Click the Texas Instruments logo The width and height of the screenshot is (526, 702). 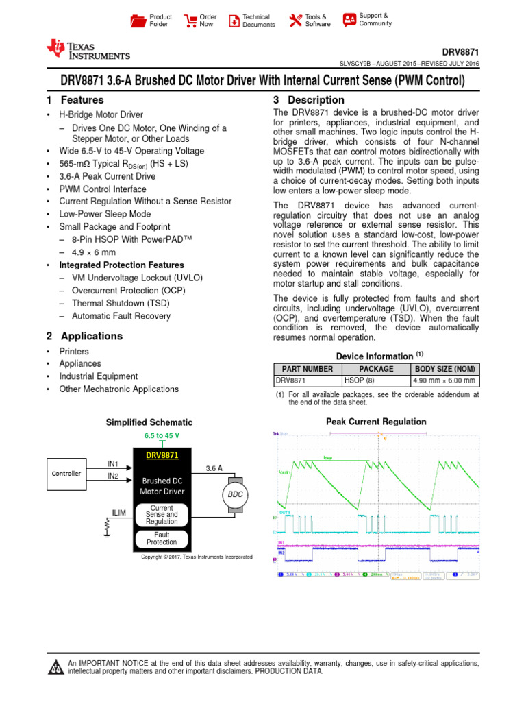88,50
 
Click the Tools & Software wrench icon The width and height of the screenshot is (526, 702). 295,21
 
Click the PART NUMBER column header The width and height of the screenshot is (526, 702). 307,369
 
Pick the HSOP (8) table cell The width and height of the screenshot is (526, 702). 376,381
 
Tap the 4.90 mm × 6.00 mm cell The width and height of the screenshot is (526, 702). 444,381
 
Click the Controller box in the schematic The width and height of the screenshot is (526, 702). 66,474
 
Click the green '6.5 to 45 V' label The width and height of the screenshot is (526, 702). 162,436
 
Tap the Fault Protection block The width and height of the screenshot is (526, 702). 162,538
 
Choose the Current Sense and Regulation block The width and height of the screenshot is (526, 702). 162,515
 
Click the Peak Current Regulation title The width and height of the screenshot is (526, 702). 376,422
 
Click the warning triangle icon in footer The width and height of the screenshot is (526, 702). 55,668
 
